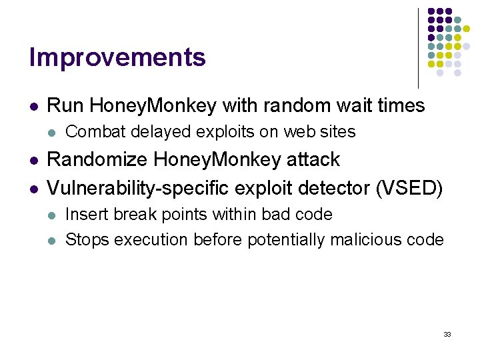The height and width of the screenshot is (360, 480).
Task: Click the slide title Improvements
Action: pos(117,58)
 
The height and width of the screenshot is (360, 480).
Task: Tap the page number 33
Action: pos(447,334)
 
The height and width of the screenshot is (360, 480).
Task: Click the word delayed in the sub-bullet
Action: pos(153,132)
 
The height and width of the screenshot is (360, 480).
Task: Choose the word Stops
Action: pos(87,239)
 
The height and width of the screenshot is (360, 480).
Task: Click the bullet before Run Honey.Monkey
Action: pos(33,106)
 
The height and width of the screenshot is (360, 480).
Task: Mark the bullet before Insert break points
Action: pos(52,215)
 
